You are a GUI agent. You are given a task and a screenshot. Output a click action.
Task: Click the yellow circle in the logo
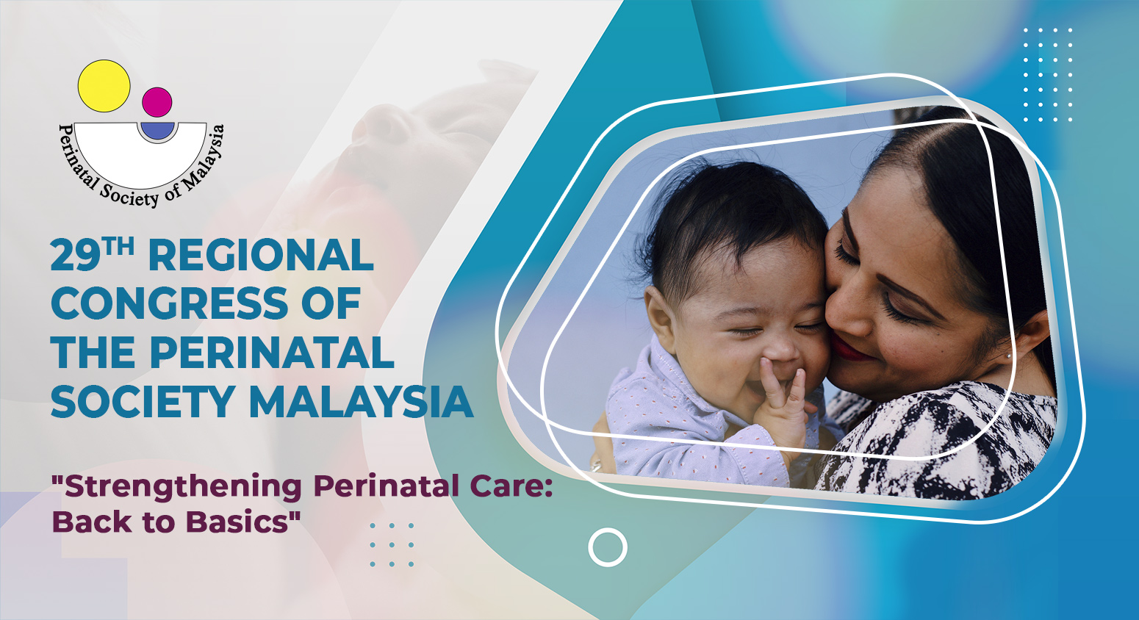click(x=104, y=86)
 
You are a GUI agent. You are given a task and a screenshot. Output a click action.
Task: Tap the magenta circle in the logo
click(x=157, y=102)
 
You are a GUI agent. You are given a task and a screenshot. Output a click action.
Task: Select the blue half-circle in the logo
click(x=158, y=130)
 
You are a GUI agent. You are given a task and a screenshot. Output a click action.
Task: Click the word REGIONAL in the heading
click(x=261, y=255)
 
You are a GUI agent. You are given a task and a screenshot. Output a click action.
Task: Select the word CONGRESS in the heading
click(x=170, y=303)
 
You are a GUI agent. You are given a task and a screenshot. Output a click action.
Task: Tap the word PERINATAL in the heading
click(x=272, y=352)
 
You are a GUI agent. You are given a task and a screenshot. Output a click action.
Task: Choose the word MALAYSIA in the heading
click(x=361, y=402)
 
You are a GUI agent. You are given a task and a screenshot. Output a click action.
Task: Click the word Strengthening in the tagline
click(x=184, y=487)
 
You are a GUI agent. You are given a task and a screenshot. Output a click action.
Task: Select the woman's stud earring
click(x=1010, y=356)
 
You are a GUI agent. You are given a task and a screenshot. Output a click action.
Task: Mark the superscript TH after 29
click(x=118, y=247)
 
